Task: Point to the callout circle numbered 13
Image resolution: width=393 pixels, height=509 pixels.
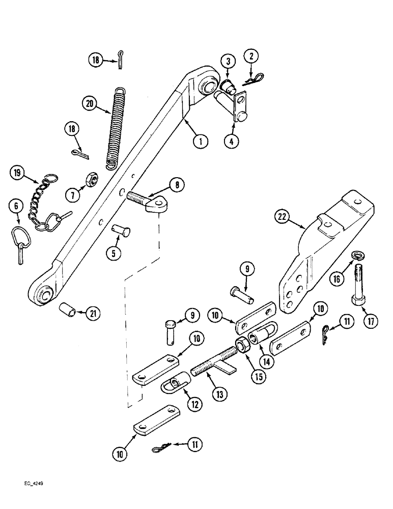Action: (221, 393)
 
